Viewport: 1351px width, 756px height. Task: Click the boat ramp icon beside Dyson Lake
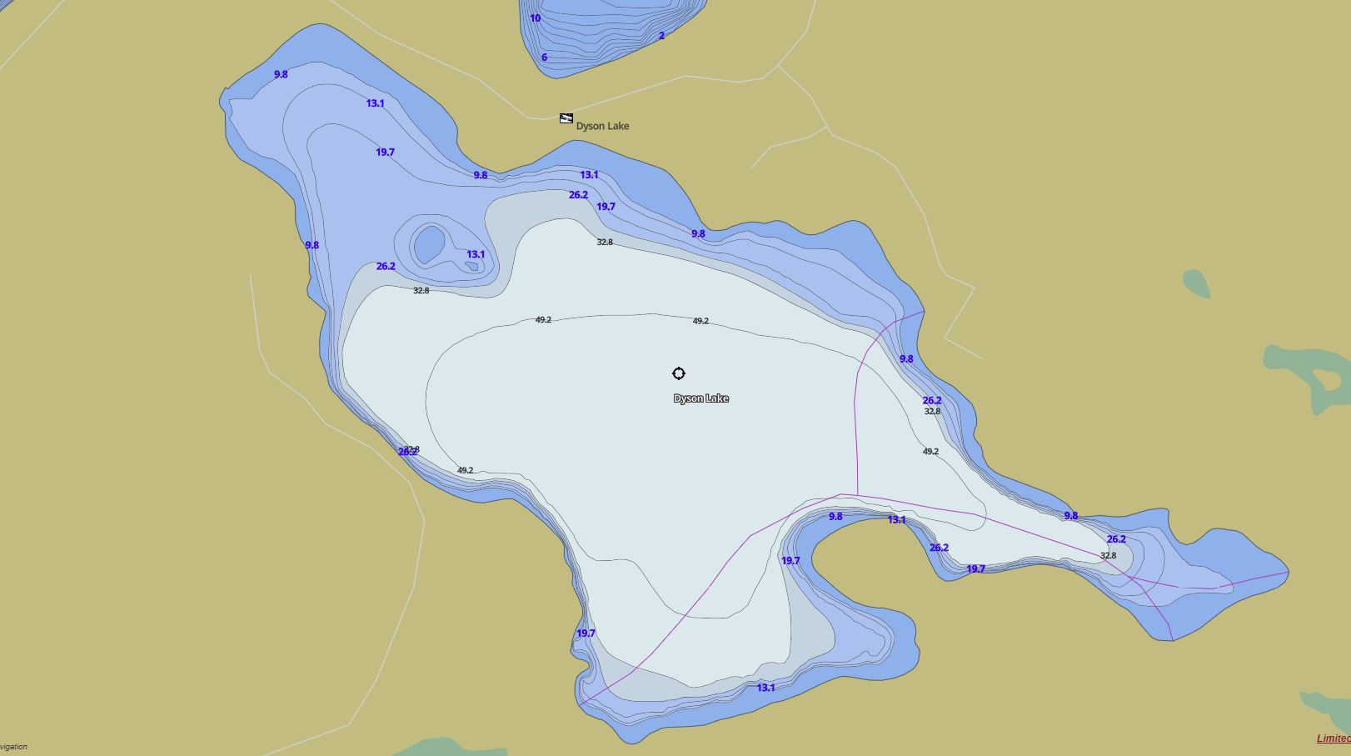pyautogui.click(x=566, y=118)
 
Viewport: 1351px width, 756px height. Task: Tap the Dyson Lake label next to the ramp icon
pyautogui.click(x=602, y=126)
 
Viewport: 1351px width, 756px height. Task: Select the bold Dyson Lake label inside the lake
pyautogui.click(x=700, y=398)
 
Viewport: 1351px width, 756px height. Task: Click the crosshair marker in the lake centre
pyautogui.click(x=679, y=373)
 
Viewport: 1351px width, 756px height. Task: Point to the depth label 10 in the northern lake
pyautogui.click(x=535, y=18)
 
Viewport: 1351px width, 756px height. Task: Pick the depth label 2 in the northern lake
pyautogui.click(x=662, y=36)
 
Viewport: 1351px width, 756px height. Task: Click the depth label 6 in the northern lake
pyautogui.click(x=544, y=58)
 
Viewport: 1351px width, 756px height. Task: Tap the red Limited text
pyautogui.click(x=1333, y=738)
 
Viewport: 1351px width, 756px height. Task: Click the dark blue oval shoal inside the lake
pyautogui.click(x=429, y=244)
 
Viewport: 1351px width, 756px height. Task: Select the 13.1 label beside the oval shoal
pyautogui.click(x=476, y=254)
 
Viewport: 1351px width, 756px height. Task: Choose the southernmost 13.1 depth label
pyautogui.click(x=765, y=688)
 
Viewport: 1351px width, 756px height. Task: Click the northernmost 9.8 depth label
pyautogui.click(x=281, y=74)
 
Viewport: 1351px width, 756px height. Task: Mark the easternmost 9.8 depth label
pyautogui.click(x=1070, y=516)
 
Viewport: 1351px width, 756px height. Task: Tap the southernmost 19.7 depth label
pyautogui.click(x=586, y=633)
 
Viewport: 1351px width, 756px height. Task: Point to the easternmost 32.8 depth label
pyautogui.click(x=1108, y=555)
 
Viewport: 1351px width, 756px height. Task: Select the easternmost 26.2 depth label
pyautogui.click(x=1116, y=539)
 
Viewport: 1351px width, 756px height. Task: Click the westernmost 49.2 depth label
pyautogui.click(x=465, y=470)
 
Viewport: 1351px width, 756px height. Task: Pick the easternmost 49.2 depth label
pyautogui.click(x=930, y=452)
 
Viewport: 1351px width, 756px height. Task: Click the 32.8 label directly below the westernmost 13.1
pyautogui.click(x=421, y=291)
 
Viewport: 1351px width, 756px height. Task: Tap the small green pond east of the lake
pyautogui.click(x=1196, y=283)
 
